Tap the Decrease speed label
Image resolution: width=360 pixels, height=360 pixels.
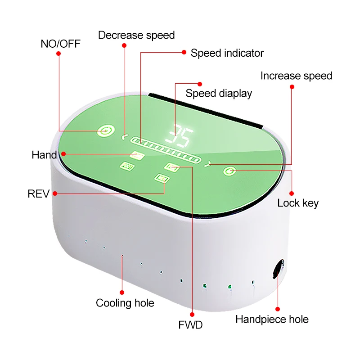click(136, 35)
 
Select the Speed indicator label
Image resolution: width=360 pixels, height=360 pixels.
click(227, 53)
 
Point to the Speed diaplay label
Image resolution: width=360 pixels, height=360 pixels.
click(219, 93)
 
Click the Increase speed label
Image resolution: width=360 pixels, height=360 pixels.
click(296, 76)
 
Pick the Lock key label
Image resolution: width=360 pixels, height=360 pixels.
click(298, 203)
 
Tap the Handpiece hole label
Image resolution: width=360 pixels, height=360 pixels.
click(272, 319)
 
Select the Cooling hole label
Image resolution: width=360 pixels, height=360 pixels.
click(125, 303)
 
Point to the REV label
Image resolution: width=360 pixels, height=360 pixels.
click(38, 194)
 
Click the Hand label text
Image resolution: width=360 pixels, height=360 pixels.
click(44, 155)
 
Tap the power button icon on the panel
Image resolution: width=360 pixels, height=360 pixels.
click(105, 131)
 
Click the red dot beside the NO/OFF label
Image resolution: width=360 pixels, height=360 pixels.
click(58, 53)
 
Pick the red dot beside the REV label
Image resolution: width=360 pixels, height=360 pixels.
click(54, 194)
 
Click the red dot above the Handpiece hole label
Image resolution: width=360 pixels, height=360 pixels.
click(278, 309)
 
